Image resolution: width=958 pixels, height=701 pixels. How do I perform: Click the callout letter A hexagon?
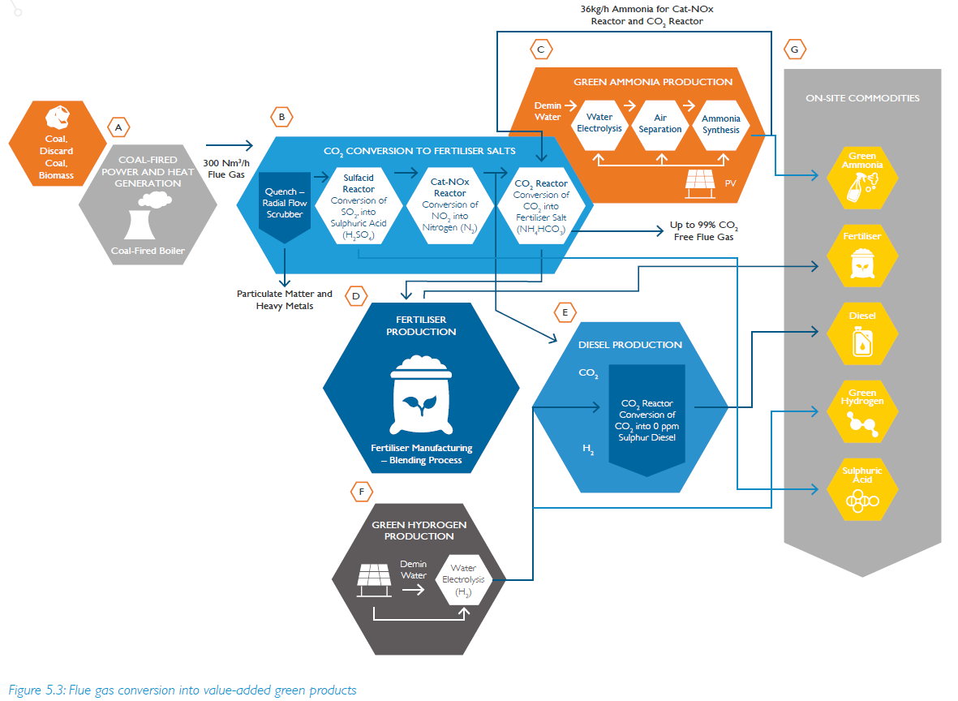118,127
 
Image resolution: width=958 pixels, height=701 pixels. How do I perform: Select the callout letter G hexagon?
794,49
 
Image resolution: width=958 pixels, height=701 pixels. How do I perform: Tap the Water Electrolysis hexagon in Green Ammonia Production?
599,123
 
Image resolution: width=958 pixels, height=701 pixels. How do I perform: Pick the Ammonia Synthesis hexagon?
720,123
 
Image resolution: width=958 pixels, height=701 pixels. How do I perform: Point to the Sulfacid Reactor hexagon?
358,206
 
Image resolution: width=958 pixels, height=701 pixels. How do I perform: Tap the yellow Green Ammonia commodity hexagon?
862,176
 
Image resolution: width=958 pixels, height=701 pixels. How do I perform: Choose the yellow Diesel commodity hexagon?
862,333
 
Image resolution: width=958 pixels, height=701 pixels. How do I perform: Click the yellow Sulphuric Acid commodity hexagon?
862,489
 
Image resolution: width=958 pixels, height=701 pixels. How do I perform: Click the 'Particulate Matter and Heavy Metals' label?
284,299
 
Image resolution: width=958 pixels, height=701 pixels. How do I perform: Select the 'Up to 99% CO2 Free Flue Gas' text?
703,230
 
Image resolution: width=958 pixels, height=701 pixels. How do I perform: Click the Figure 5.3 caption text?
183,690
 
